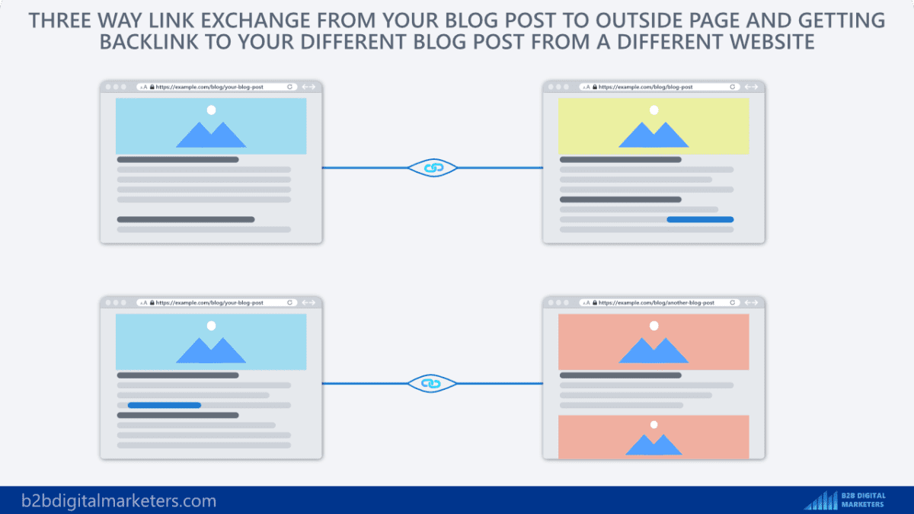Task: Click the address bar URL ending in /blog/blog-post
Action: coord(646,88)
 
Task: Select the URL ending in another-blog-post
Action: coord(657,303)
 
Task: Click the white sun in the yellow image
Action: coord(654,110)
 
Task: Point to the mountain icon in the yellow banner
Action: coord(654,135)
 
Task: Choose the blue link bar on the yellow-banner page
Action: coord(700,219)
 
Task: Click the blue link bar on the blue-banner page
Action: coord(164,405)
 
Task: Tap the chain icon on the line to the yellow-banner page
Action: coord(433,168)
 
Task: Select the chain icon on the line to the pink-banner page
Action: coord(433,384)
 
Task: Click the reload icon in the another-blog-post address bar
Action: coord(733,303)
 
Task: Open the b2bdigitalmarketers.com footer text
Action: coord(109,501)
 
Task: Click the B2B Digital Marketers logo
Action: coord(845,500)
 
